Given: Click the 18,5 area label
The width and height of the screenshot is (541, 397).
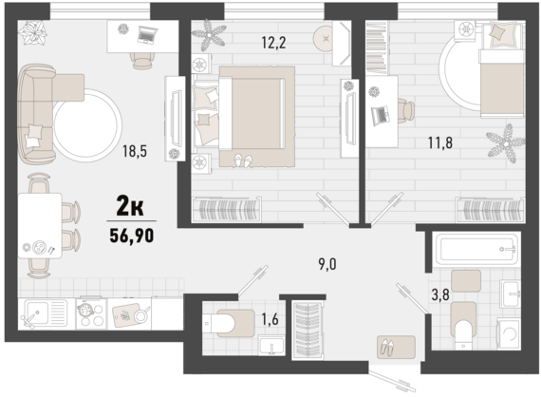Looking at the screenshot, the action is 135,151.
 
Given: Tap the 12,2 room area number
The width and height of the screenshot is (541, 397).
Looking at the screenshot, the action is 273,43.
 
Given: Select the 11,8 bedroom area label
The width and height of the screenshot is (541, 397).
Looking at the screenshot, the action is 440,142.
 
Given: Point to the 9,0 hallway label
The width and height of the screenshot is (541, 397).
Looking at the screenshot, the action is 327,264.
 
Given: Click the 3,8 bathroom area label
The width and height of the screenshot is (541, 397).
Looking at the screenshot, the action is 440,294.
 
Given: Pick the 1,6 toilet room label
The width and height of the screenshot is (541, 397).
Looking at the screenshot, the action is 270,319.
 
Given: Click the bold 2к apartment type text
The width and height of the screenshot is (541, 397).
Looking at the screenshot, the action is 130,206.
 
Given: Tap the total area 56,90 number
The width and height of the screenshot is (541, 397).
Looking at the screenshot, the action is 132,236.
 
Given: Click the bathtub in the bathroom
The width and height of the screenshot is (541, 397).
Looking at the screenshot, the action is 476,248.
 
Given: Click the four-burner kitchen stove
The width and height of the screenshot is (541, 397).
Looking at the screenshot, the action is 91,313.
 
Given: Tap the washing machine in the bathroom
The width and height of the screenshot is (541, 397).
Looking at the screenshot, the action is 508,333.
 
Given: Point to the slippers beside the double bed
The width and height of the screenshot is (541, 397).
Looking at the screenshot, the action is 243,161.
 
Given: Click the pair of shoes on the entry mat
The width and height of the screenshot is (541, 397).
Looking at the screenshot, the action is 386,347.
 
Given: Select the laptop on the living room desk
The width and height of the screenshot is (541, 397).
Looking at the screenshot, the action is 148,35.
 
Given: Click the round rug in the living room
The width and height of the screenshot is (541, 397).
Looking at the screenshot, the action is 87,125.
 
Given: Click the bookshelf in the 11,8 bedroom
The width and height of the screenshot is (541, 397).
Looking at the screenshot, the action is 376,47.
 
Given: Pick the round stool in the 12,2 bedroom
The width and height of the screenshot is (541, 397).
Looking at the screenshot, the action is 324,39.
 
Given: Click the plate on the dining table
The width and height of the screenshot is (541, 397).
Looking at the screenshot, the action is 39,247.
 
